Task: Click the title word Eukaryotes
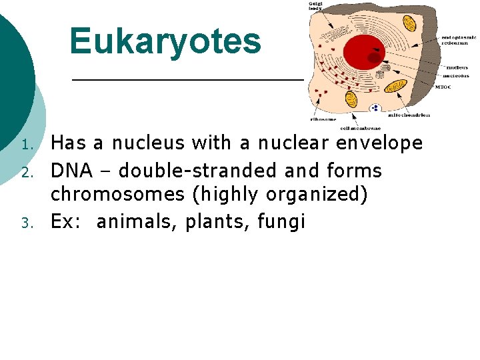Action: pos(165,41)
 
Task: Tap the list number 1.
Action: pos(26,145)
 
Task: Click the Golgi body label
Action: pos(315,7)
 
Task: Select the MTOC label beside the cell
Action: pos(443,87)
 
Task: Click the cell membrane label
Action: pos(361,127)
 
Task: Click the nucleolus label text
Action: pos(457,75)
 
